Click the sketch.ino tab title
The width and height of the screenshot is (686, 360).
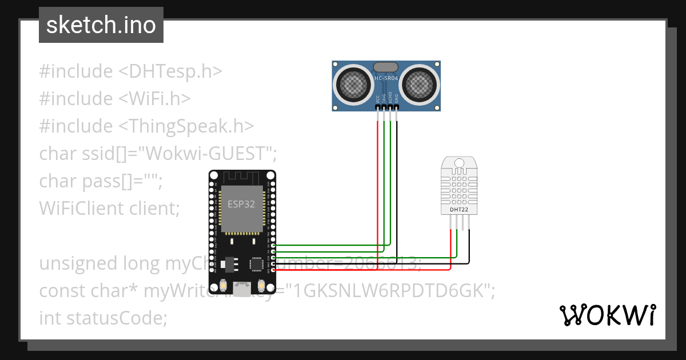coord(101,25)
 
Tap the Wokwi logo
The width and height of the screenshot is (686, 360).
coord(607,315)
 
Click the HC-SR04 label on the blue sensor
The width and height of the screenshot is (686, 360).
coord(386,78)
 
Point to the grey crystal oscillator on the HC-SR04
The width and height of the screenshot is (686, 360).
coord(386,67)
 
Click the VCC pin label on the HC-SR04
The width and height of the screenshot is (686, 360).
coord(378,98)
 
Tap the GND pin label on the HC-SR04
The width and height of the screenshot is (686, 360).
coord(397,98)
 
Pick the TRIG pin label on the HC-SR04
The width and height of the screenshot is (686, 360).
coord(384,98)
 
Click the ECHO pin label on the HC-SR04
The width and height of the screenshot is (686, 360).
coord(390,98)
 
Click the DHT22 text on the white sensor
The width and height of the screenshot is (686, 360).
coord(458,210)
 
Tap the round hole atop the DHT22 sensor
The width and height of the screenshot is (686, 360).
coord(458,163)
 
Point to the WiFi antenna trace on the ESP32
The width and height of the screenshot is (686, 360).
coord(242,177)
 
